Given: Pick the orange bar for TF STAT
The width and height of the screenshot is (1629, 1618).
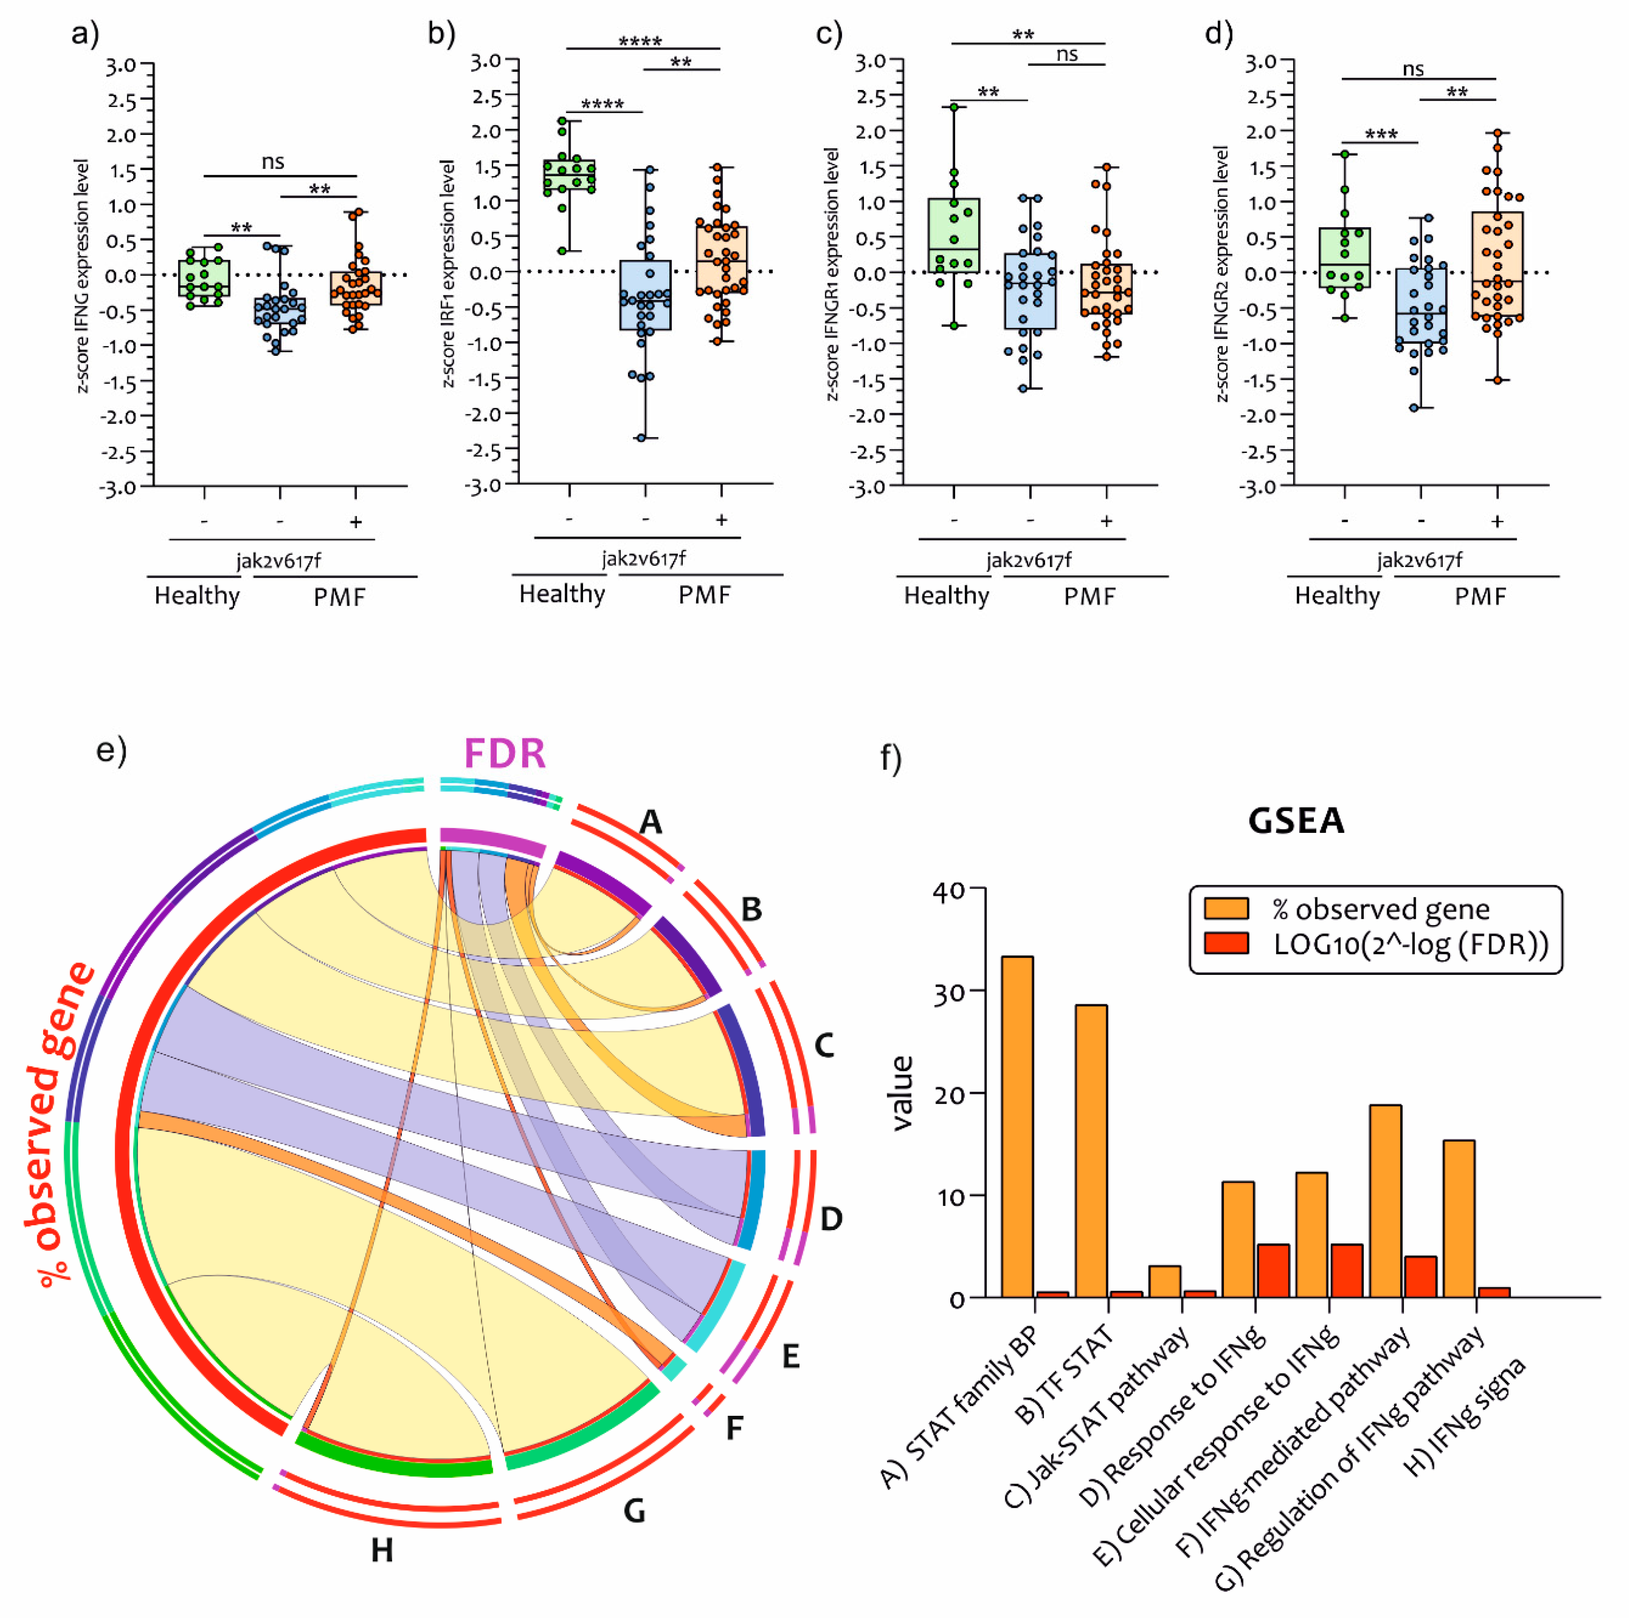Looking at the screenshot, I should [x=1091, y=1152].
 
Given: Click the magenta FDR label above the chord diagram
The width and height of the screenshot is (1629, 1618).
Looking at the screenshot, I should [x=504, y=753].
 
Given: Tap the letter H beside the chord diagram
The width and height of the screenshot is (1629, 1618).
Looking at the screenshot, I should [x=382, y=1550].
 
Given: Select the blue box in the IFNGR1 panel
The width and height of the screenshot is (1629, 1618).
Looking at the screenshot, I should [x=1029, y=291].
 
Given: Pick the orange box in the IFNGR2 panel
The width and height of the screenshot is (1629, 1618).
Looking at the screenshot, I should [x=1497, y=266].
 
